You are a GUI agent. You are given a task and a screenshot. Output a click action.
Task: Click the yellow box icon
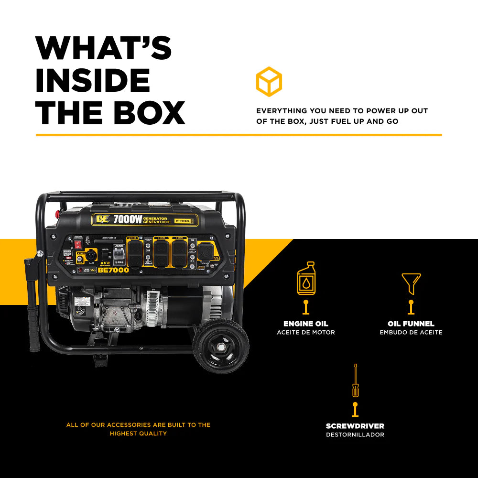[x=269, y=81]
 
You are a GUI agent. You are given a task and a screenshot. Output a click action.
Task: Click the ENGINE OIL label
[x=306, y=324]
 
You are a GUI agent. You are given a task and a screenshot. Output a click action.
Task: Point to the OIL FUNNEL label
[x=411, y=324]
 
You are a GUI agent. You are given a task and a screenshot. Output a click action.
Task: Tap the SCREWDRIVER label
[x=355, y=426]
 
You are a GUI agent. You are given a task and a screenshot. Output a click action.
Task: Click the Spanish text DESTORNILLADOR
[x=355, y=435]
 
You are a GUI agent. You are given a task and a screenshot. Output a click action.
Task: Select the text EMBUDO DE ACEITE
[x=411, y=332]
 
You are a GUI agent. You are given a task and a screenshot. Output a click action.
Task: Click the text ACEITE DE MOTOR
[x=306, y=332]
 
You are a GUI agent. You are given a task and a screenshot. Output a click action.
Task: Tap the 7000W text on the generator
[x=128, y=220]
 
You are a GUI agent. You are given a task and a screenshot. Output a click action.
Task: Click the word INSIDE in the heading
[x=93, y=80]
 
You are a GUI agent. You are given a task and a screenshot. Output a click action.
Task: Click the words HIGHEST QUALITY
[x=138, y=434]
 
